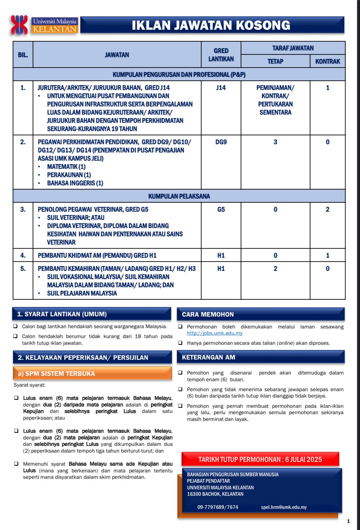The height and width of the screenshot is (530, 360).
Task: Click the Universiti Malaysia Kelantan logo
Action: pyautogui.click(x=44, y=25)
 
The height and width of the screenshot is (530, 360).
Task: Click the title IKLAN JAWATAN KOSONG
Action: pyautogui.click(x=211, y=25)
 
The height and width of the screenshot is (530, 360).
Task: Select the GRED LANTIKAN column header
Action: pyautogui.click(x=221, y=55)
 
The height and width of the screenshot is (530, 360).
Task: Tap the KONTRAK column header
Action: pyautogui.click(x=327, y=61)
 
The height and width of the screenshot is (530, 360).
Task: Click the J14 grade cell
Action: pyautogui.click(x=221, y=88)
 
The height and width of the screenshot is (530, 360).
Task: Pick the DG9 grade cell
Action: pyautogui.click(x=221, y=142)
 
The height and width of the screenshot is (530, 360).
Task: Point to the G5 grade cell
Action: pyautogui.click(x=221, y=210)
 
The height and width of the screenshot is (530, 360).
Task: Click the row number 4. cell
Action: pyautogui.click(x=23, y=255)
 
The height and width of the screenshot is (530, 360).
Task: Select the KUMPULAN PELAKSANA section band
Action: pyautogui.click(x=179, y=196)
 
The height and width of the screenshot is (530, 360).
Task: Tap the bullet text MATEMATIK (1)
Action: pyautogui.click(x=66, y=167)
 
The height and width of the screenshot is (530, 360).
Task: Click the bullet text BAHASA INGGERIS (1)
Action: pyautogui.click(x=75, y=183)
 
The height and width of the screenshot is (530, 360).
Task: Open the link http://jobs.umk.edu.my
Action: pyautogui.click(x=215, y=333)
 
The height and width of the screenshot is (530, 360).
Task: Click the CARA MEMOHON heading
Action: pyautogui.click(x=208, y=314)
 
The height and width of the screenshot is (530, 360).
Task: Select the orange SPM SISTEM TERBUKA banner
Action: pyautogui.click(x=92, y=374)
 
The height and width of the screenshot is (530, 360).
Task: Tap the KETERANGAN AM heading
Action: pyautogui.click(x=209, y=357)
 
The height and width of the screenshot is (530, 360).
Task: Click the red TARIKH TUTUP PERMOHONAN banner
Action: pyautogui.click(x=260, y=459)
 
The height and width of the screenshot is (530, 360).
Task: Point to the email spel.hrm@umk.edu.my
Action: pyautogui.click(x=284, y=507)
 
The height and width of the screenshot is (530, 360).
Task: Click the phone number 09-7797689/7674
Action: pyautogui.click(x=218, y=507)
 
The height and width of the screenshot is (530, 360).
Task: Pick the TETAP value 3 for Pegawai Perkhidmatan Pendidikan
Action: pyautogui.click(x=275, y=142)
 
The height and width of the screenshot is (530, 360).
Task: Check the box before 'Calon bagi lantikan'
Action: pyautogui.click(x=15, y=326)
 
